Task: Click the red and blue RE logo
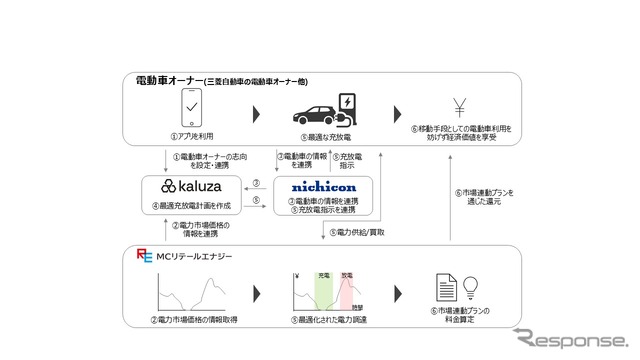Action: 144,257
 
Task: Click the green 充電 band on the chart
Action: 323,288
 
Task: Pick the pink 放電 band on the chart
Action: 346,288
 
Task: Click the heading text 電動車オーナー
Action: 169,80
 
